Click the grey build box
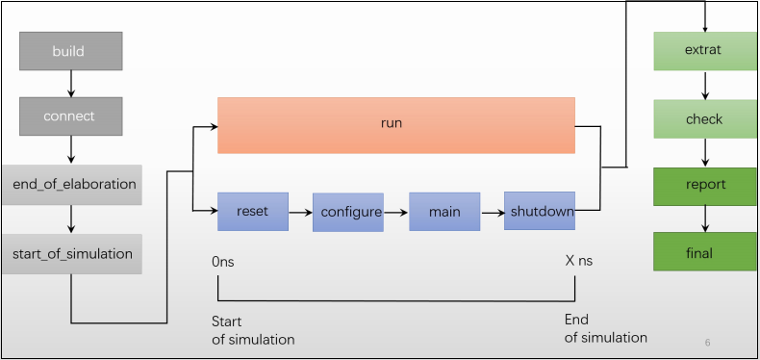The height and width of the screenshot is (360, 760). [x=71, y=51]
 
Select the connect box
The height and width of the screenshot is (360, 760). [x=71, y=116]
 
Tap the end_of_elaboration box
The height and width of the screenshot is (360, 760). [x=71, y=183]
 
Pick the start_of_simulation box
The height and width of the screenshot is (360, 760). [x=71, y=253]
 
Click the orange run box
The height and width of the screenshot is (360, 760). [x=395, y=124]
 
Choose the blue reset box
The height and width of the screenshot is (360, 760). [x=252, y=211]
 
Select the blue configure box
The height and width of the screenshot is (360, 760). [x=347, y=212]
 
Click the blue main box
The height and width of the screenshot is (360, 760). [x=444, y=212]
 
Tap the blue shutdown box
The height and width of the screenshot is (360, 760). [x=540, y=211]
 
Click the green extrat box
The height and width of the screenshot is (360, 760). [x=705, y=50]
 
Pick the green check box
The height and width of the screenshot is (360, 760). [x=705, y=119]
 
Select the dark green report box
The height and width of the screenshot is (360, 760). [x=705, y=185]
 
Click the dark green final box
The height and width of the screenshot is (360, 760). [x=705, y=251]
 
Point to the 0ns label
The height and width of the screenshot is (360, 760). [x=224, y=261]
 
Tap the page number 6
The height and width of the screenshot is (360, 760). [x=707, y=343]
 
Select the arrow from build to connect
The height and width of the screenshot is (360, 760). [x=71, y=84]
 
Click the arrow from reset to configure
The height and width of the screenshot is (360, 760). [x=300, y=211]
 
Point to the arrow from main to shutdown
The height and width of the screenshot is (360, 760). [x=492, y=211]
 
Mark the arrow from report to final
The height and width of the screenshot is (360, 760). [x=705, y=218]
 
